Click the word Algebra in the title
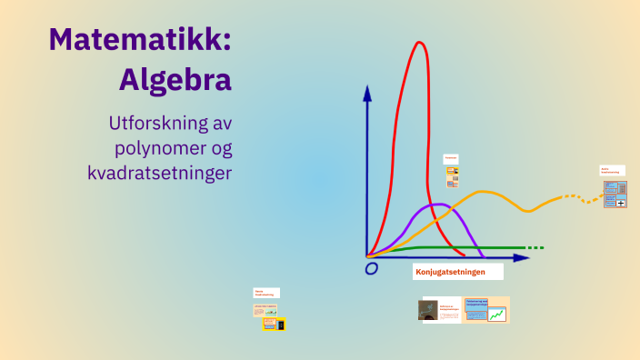tap(175, 79)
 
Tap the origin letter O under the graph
tap(371, 269)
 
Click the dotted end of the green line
tap(535, 247)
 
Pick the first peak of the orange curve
tap(484, 192)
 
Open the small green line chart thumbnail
tap(497, 315)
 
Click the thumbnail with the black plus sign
tap(621, 203)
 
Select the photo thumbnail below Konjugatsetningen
tap(427, 310)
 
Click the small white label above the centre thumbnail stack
tap(451, 158)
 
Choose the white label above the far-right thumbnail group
tap(612, 170)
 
